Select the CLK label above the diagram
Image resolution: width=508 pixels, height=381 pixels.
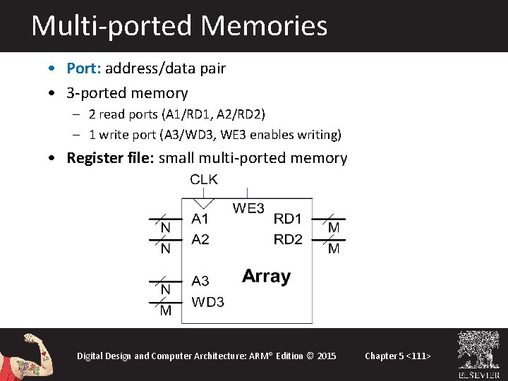[204, 180]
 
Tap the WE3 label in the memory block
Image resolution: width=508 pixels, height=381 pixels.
[248, 208]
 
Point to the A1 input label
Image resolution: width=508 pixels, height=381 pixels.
[200, 219]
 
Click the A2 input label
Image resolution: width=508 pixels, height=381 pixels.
[200, 240]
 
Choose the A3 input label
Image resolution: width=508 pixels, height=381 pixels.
[200, 281]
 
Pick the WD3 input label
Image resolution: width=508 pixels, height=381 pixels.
[208, 302]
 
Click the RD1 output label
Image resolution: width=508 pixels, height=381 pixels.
[288, 219]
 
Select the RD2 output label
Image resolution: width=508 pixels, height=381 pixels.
[288, 240]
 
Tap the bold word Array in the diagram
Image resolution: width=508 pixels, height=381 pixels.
[266, 276]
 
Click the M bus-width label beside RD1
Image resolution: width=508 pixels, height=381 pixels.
[334, 228]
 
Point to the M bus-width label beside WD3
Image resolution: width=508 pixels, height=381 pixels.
[165, 311]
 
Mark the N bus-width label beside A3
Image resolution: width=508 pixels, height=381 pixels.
[165, 290]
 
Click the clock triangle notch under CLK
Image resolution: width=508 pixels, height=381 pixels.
[204, 202]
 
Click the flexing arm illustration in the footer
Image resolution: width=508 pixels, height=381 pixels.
[28, 355]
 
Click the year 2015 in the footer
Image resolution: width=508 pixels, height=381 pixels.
[327, 356]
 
